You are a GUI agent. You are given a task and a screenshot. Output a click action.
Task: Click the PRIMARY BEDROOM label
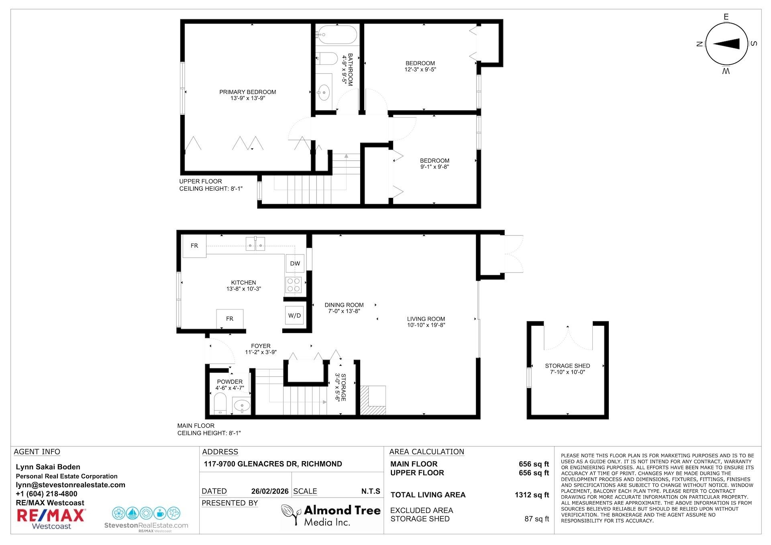click(247, 92)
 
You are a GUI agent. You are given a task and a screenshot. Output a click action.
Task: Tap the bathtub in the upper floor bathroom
click(336, 35)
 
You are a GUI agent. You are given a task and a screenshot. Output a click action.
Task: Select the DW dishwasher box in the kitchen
click(295, 263)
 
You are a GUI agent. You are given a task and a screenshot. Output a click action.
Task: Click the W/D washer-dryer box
click(294, 315)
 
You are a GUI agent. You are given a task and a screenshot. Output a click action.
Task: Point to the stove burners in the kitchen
click(294, 285)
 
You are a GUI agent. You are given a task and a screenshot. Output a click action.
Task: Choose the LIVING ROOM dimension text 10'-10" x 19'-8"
click(426, 325)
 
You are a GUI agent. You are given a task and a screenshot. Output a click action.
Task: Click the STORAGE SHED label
click(567, 366)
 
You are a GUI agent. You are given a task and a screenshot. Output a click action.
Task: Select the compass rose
click(726, 44)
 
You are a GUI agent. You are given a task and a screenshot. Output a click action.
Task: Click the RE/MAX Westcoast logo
click(51, 519)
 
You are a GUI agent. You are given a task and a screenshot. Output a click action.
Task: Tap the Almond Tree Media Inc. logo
click(330, 515)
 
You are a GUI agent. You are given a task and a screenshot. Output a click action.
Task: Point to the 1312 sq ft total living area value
click(532, 495)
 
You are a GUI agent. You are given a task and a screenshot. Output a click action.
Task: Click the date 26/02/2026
click(270, 491)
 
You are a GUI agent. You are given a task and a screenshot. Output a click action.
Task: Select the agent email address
click(71, 485)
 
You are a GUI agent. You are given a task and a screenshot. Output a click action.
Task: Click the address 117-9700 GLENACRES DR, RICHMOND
click(273, 464)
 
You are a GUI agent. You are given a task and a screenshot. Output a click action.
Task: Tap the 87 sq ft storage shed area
click(536, 519)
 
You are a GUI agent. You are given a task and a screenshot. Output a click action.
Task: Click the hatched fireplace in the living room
click(373, 400)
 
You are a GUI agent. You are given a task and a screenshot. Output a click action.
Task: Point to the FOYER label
click(261, 346)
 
